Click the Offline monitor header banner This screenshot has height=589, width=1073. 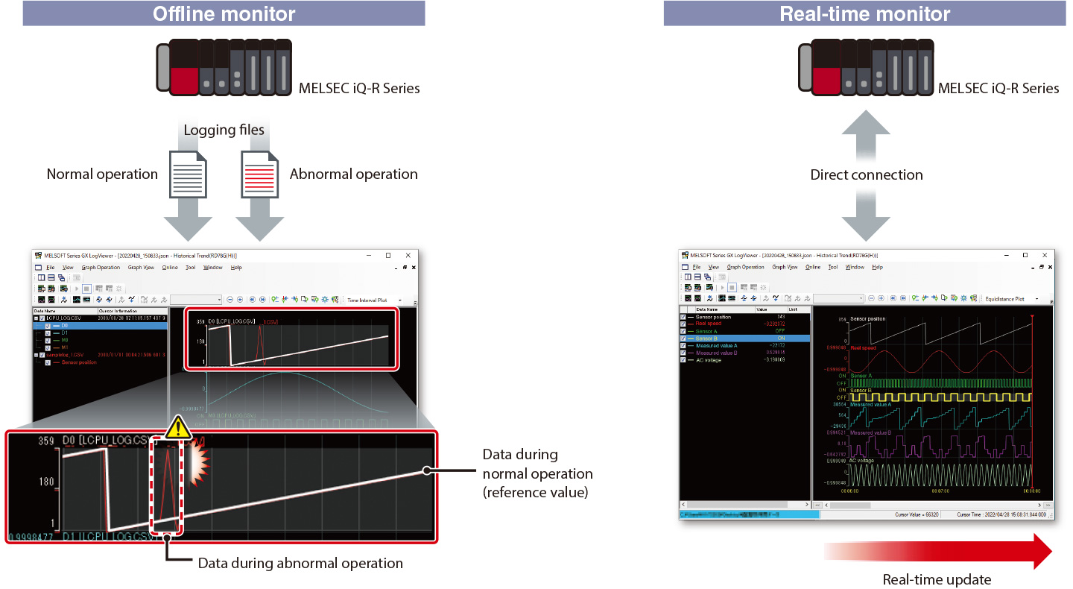224,13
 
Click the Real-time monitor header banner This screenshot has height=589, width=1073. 864,13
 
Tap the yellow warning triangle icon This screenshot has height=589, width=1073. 178,427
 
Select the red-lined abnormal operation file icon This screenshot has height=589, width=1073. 261,174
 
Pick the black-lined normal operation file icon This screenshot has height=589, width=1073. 188,174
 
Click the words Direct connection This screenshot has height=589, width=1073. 866,175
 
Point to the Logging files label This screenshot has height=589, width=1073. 224,130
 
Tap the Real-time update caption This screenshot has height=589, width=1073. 937,579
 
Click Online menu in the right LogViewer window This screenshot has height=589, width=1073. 812,267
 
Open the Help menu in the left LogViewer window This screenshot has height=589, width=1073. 236,267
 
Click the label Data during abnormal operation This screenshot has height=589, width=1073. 300,563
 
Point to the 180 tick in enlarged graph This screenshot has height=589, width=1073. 46,482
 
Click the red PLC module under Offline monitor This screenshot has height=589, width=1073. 183,78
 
